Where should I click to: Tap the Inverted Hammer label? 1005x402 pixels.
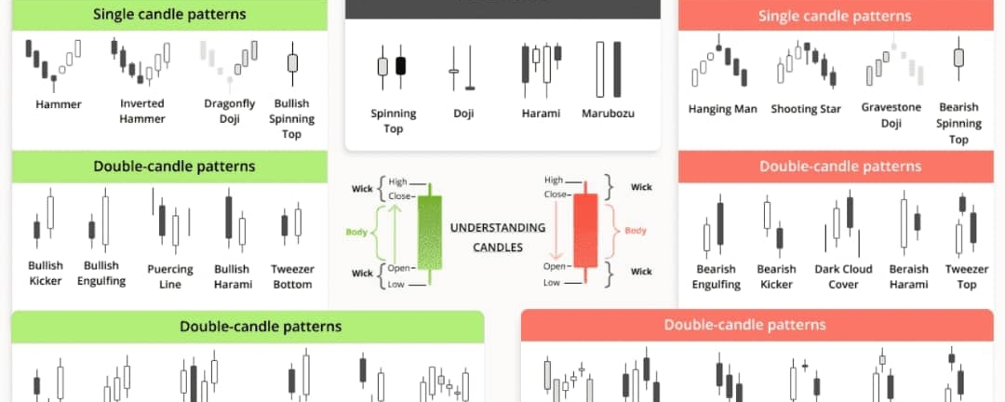pos(142,111)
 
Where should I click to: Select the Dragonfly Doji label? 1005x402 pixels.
pos(230,111)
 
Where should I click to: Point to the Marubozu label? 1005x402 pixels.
pos(609,114)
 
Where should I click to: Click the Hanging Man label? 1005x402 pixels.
pos(722,109)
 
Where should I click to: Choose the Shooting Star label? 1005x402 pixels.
pos(806,109)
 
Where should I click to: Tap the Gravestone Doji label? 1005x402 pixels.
pos(891,114)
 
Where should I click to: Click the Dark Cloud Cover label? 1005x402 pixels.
pos(843,276)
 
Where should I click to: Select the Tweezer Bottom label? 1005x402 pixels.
pos(291,276)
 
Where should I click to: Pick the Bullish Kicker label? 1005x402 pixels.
pos(46,273)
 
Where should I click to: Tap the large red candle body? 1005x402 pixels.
pos(585,231)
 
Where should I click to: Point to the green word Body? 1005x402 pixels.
pos(357,232)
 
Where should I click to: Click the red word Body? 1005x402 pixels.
pos(636,231)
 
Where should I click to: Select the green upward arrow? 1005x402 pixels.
pos(396,234)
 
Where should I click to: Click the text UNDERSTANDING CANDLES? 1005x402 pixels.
pos(497,237)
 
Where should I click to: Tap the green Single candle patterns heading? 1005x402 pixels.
pos(169,14)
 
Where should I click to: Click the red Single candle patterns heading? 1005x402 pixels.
pos(835,16)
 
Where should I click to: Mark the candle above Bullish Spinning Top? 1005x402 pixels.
pos(292,63)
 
